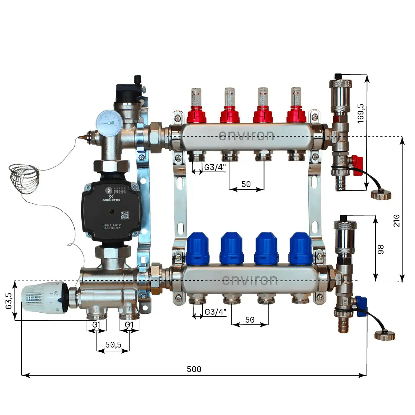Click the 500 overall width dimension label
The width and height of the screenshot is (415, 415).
pos(194,369)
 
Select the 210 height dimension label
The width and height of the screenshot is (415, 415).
pos(397,221)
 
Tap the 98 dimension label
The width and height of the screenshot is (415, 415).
pos(381,249)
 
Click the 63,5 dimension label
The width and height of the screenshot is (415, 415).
pos(9,301)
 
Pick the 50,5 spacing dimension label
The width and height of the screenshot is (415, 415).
pos(113,345)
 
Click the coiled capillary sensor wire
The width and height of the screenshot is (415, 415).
pos(24,178)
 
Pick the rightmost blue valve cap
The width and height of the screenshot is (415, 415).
pos(301,248)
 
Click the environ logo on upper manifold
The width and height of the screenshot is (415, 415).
pos(246,135)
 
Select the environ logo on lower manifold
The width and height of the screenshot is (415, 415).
pos(249,279)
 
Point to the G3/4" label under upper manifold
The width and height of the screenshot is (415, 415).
pos(215,167)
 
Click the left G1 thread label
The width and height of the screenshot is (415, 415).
pos(96,325)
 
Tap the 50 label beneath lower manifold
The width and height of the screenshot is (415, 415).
pos(250,320)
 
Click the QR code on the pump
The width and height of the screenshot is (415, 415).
pos(124,215)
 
